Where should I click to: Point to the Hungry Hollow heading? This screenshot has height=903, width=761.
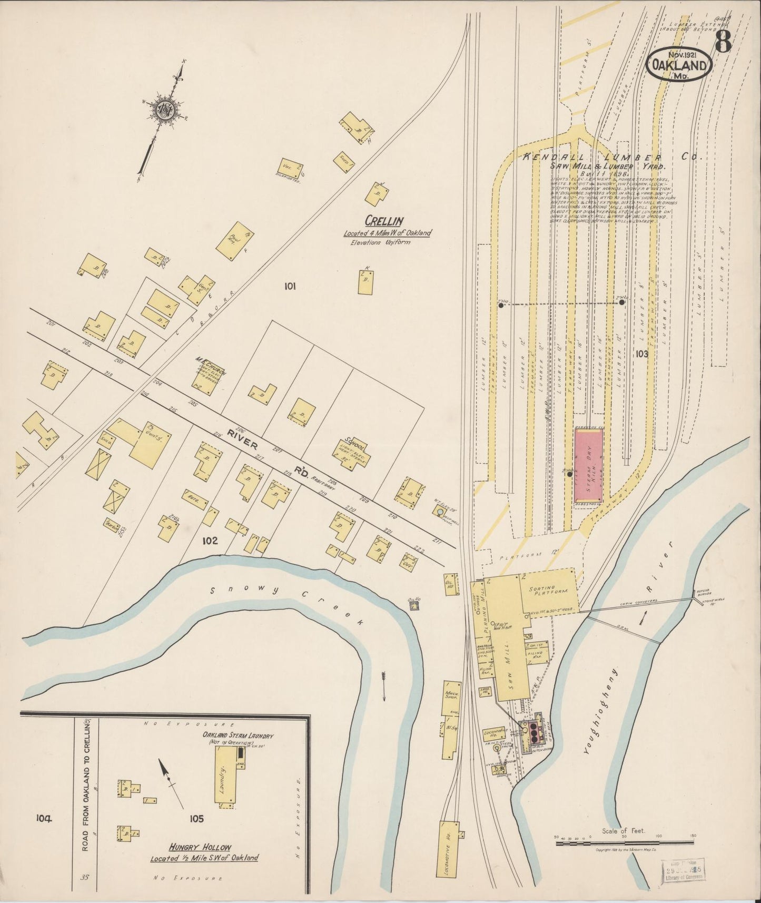[x=200, y=847]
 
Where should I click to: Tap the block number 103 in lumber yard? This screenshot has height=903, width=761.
[x=641, y=354]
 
